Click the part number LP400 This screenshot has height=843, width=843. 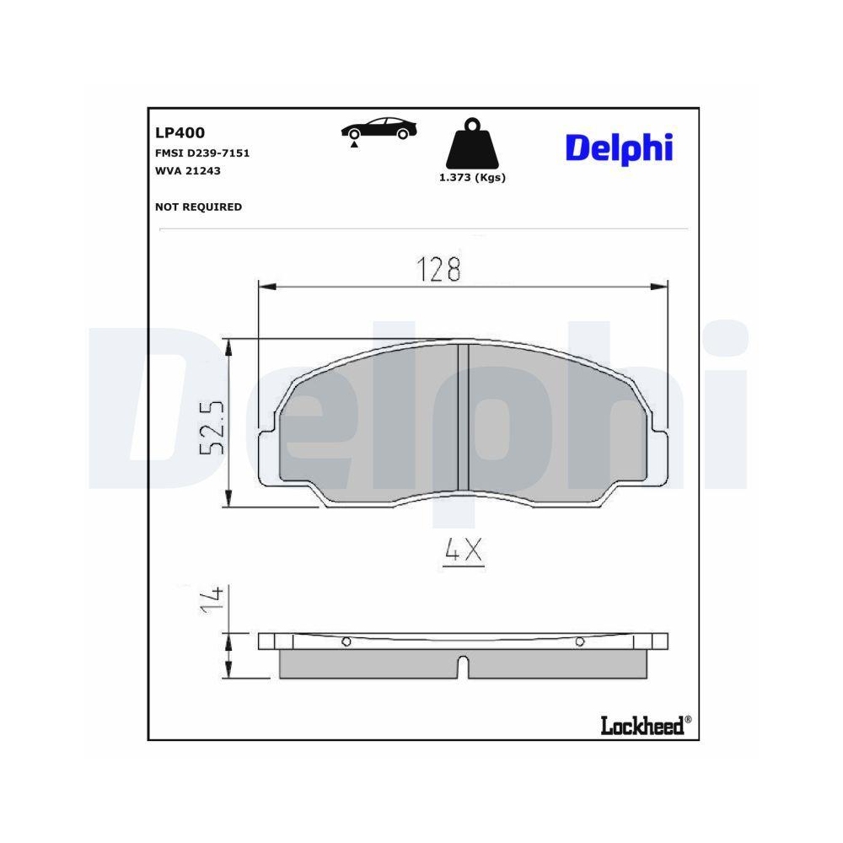point(180,132)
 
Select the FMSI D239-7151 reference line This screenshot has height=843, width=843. point(202,153)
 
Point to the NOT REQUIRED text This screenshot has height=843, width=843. point(198,207)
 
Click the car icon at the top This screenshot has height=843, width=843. point(379,127)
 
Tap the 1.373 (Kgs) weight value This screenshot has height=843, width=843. point(472,178)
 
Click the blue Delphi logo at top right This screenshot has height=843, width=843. point(619,148)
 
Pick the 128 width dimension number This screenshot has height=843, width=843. point(439,270)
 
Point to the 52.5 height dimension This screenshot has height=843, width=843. point(212,427)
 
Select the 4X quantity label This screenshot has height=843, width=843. point(462,551)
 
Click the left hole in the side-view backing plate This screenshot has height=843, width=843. point(346,642)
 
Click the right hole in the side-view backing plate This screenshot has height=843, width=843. point(579,642)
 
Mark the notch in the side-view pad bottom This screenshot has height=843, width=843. point(462,667)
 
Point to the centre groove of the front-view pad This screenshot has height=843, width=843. point(462,417)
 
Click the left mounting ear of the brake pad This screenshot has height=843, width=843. point(268,455)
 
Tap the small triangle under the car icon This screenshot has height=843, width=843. point(355,146)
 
